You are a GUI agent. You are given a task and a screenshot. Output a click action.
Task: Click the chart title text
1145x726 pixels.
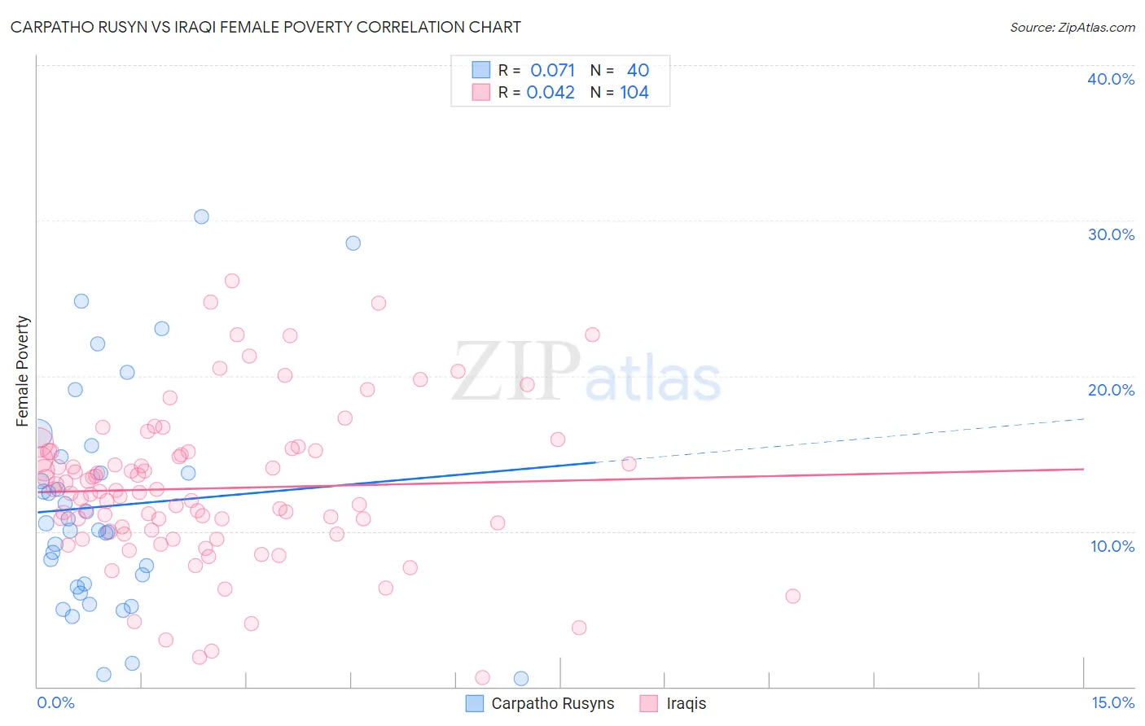265,27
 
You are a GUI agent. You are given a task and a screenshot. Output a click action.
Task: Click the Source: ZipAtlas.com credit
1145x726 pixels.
1072,27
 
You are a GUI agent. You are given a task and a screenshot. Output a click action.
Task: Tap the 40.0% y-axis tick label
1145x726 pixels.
1110,79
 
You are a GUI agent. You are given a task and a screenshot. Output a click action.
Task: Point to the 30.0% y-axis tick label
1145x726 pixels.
1110,234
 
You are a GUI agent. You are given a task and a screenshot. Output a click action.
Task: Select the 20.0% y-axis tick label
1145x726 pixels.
1110,390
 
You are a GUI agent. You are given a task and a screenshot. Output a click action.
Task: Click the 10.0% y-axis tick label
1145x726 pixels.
1112,546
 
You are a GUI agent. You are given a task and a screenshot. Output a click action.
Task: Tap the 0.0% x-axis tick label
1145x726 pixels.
55,703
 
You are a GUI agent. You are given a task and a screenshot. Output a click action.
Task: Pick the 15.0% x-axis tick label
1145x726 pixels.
1112,703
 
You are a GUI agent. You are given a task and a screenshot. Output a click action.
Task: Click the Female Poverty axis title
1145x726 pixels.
23,371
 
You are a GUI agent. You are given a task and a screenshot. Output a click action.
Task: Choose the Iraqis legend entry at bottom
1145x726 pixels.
686,704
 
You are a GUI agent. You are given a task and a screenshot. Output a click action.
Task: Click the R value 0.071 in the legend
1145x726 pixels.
552,71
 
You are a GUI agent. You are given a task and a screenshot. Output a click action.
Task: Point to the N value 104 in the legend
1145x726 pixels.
634,93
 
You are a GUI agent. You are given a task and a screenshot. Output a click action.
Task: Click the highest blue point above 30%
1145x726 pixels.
201,216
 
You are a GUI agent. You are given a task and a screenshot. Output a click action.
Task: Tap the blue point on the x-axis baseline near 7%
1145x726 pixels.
521,678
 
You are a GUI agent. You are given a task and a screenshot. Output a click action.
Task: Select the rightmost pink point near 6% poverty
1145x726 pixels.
792,596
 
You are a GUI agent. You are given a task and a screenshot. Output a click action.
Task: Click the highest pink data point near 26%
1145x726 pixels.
232,281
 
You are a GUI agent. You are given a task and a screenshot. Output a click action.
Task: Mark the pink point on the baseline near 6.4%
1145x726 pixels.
482,677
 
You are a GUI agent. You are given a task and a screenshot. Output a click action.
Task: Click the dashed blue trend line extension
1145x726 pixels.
839,440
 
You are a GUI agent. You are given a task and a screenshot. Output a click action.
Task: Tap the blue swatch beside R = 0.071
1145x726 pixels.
481,71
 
